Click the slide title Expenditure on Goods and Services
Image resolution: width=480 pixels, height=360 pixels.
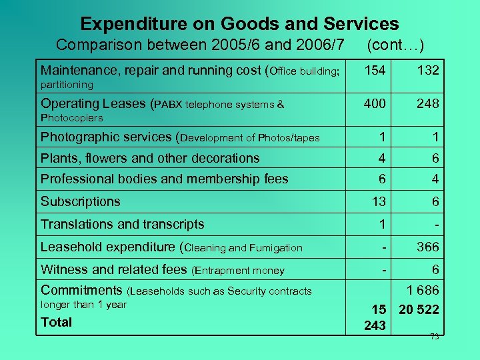(x=239, y=24)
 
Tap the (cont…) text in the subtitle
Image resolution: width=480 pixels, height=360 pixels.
(x=395, y=45)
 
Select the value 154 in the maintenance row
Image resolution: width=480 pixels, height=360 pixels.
(x=375, y=70)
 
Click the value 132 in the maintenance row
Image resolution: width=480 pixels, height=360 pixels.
(x=427, y=70)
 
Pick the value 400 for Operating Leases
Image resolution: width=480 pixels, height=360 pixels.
(x=375, y=103)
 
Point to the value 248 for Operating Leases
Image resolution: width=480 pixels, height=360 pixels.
(x=427, y=103)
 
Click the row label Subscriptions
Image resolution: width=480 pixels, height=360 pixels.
(x=80, y=201)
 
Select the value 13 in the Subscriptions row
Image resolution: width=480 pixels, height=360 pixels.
(x=378, y=202)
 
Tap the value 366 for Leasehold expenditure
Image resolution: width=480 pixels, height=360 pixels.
(x=427, y=247)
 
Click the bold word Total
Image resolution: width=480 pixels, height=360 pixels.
(x=57, y=322)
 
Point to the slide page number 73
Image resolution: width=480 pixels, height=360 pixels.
(x=434, y=337)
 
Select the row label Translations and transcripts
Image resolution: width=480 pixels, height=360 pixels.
(x=122, y=224)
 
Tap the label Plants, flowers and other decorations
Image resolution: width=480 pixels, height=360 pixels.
(x=150, y=158)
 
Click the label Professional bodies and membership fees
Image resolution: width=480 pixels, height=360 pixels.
(x=164, y=179)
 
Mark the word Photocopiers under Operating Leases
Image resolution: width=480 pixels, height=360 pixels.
(x=72, y=118)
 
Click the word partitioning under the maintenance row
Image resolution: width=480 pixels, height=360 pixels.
(x=67, y=85)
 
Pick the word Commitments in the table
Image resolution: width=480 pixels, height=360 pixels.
(x=81, y=290)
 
